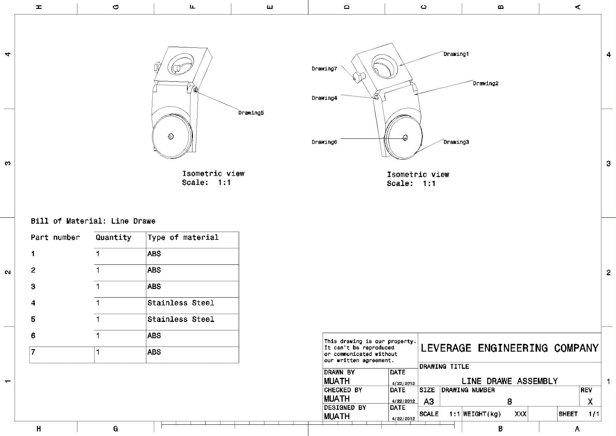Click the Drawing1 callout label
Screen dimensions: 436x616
point(456,54)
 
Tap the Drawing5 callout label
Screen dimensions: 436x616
point(251,113)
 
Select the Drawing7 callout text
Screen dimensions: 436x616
point(324,69)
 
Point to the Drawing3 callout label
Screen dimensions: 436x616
point(456,142)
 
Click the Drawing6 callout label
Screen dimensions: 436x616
point(324,142)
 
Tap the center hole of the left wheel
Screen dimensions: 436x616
point(171,136)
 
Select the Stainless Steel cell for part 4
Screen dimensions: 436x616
point(181,303)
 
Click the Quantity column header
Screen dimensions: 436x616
point(113,237)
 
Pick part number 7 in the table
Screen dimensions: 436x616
point(33,352)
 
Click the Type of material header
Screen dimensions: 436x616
point(183,237)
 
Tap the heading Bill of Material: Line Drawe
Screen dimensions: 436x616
point(93,221)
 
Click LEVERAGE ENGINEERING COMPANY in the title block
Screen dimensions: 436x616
point(509,348)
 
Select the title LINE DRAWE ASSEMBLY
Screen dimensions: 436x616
point(509,381)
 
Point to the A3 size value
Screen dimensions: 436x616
point(429,402)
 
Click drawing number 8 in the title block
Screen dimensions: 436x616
point(509,402)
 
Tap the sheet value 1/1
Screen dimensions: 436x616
point(593,414)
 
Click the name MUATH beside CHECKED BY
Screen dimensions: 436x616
point(336,399)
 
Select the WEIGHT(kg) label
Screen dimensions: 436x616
point(482,414)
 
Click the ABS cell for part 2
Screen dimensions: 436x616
point(154,270)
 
